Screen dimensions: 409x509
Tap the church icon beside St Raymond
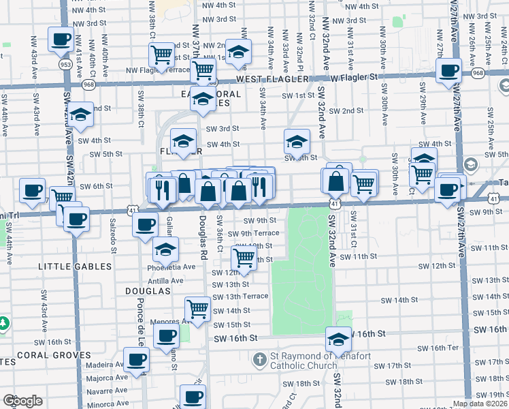(259, 359)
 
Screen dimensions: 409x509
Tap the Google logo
(22, 401)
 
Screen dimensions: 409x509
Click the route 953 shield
(65, 64)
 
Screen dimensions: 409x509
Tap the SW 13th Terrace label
(240, 297)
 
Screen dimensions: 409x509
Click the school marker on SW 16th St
(338, 337)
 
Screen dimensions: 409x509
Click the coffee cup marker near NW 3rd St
(61, 39)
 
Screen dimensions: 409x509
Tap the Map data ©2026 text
(480, 404)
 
